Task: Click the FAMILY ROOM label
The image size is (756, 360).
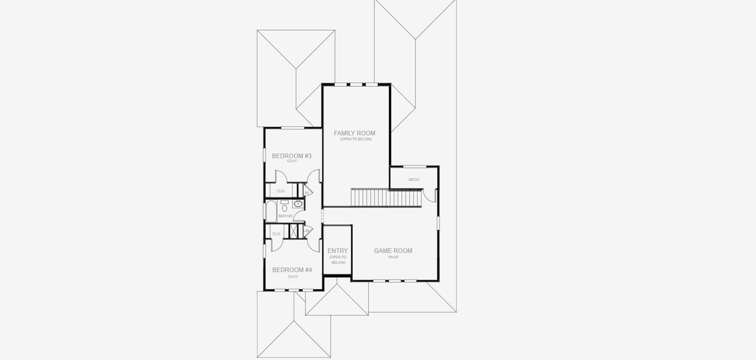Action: [x=355, y=133]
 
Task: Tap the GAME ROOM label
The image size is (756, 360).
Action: [x=393, y=251]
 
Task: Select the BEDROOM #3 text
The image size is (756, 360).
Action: [x=292, y=156]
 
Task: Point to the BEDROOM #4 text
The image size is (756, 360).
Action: [x=292, y=270]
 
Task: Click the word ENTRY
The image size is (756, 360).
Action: [x=338, y=251]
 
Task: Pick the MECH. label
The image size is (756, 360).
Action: [x=413, y=179]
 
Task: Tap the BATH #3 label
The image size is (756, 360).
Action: [x=285, y=216]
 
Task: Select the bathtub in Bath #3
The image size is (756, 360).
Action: [x=271, y=212]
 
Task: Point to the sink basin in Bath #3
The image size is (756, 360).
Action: [x=298, y=204]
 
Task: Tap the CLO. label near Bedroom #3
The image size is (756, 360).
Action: [x=281, y=191]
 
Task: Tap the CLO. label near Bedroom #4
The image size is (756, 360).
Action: [x=277, y=234]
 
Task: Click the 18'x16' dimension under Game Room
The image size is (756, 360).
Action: [x=393, y=257]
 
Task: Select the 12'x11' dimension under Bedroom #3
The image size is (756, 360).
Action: [x=292, y=161]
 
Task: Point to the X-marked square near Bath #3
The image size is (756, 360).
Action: [x=294, y=232]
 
